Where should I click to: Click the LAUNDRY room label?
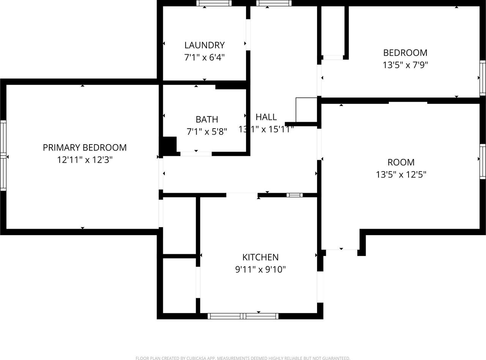(x=204, y=45)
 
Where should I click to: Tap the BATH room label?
(x=207, y=119)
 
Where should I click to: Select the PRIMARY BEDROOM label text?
(x=85, y=148)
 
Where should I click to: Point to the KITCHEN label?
(x=260, y=257)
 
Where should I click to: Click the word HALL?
(x=266, y=117)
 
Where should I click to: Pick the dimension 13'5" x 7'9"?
(x=405, y=65)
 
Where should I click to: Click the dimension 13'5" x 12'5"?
(x=401, y=174)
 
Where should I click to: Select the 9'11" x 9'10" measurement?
(x=260, y=270)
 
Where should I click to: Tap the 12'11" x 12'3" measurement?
(x=85, y=160)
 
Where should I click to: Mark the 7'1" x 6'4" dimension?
(x=204, y=58)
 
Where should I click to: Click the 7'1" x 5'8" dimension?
(x=207, y=132)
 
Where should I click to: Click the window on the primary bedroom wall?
(x=3, y=156)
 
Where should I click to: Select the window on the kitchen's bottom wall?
(x=243, y=316)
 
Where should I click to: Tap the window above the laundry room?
(x=214, y=3)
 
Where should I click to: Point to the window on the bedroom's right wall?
(x=483, y=78)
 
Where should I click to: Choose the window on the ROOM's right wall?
(x=483, y=161)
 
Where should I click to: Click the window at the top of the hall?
(x=274, y=3)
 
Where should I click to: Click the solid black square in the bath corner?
(x=169, y=145)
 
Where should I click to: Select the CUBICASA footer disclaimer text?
(x=243, y=358)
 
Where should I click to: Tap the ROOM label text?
(x=401, y=162)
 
